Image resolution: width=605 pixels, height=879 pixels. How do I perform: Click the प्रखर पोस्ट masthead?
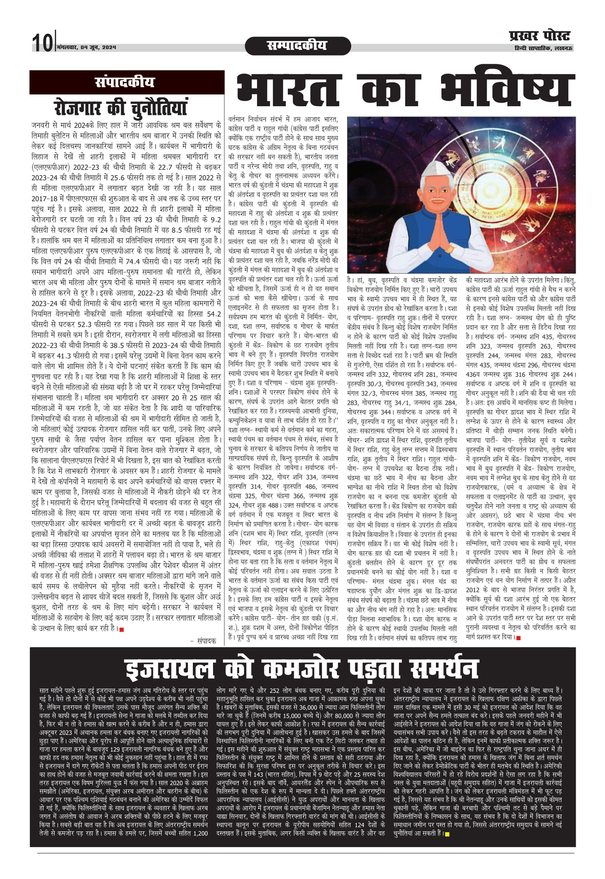click(x=540, y=37)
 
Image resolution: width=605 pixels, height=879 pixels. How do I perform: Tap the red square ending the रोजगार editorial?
click(x=121, y=628)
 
